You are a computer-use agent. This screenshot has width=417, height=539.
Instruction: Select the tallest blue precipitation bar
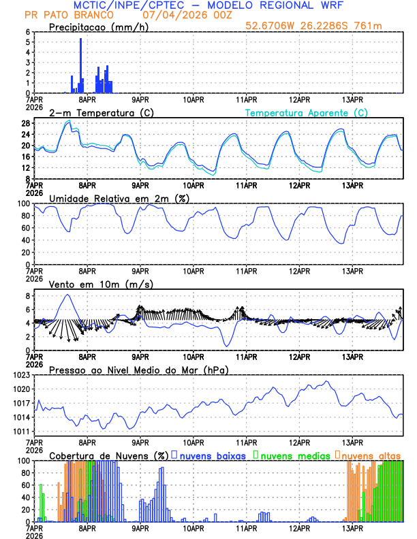tap(80, 65)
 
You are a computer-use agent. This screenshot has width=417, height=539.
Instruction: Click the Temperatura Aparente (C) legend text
tap(306, 112)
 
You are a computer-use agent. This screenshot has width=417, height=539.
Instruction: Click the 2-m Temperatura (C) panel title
tap(95, 112)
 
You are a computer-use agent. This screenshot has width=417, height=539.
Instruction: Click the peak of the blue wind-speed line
tap(67, 295)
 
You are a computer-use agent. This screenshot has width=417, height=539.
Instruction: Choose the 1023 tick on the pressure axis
tap(20, 375)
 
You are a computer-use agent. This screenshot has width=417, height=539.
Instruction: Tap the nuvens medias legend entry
tap(294, 455)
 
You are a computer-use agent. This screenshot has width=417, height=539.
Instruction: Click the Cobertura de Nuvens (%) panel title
tap(108, 455)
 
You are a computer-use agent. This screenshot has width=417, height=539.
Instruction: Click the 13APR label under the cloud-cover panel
tap(352, 527)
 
